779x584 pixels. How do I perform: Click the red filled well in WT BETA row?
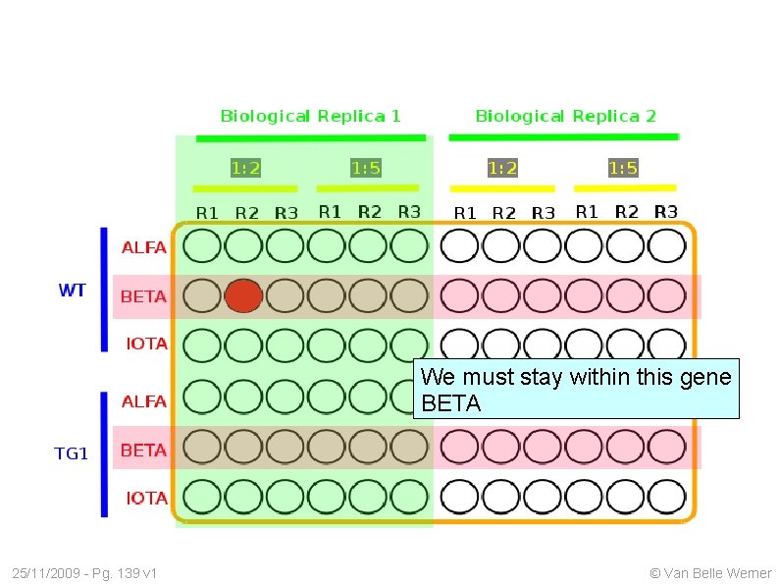(x=244, y=295)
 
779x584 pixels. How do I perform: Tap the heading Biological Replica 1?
(x=310, y=116)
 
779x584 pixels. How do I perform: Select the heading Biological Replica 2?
(x=565, y=116)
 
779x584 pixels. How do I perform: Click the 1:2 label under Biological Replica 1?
(x=245, y=168)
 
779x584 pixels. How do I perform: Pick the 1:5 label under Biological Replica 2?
(x=623, y=168)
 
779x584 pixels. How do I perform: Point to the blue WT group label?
(x=73, y=291)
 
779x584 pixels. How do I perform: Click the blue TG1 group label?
(x=71, y=452)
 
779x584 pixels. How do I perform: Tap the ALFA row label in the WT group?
(x=143, y=247)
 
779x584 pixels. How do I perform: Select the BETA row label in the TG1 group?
(x=143, y=451)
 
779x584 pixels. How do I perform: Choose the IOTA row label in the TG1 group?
(x=146, y=499)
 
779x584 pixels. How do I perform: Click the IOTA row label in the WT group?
(x=146, y=344)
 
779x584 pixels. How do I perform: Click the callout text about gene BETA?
(x=576, y=390)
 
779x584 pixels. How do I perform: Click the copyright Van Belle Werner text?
(x=710, y=573)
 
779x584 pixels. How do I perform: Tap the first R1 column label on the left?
(x=207, y=212)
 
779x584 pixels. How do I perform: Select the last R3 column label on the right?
(x=665, y=211)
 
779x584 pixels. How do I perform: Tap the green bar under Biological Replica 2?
(x=563, y=137)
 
